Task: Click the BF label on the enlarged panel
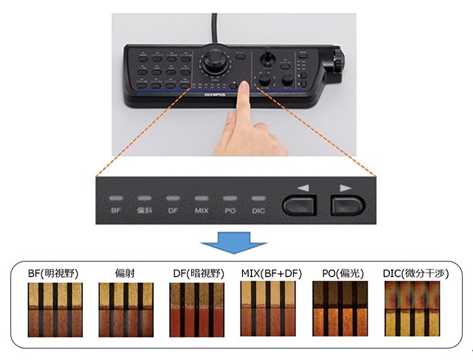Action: tap(116, 211)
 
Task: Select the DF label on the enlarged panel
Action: tap(173, 211)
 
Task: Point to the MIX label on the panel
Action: tap(201, 211)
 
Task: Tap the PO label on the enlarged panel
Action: tap(230, 211)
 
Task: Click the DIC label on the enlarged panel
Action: tap(258, 211)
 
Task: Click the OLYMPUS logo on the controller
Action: tap(213, 96)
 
